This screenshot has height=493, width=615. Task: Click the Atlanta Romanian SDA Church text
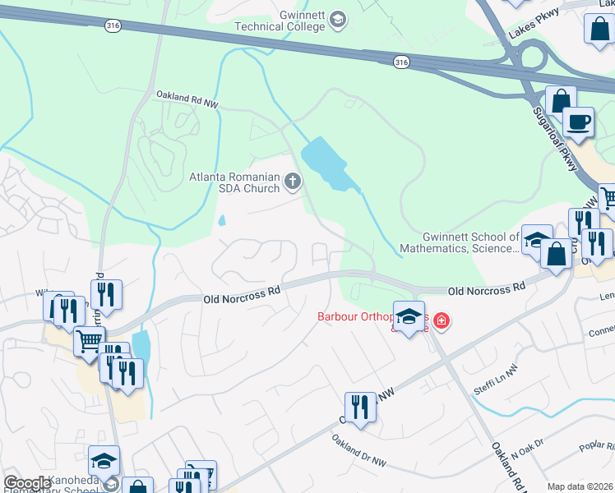pos(234,182)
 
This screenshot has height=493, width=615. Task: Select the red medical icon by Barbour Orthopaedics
pos(442,320)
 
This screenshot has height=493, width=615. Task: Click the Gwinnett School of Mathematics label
pos(459,242)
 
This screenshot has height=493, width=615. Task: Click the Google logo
pos(26,483)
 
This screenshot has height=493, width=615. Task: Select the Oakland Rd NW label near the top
pos(187,100)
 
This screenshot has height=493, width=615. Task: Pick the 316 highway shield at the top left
pos(113,26)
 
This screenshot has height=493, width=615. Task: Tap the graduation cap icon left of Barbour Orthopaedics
pos(409,316)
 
